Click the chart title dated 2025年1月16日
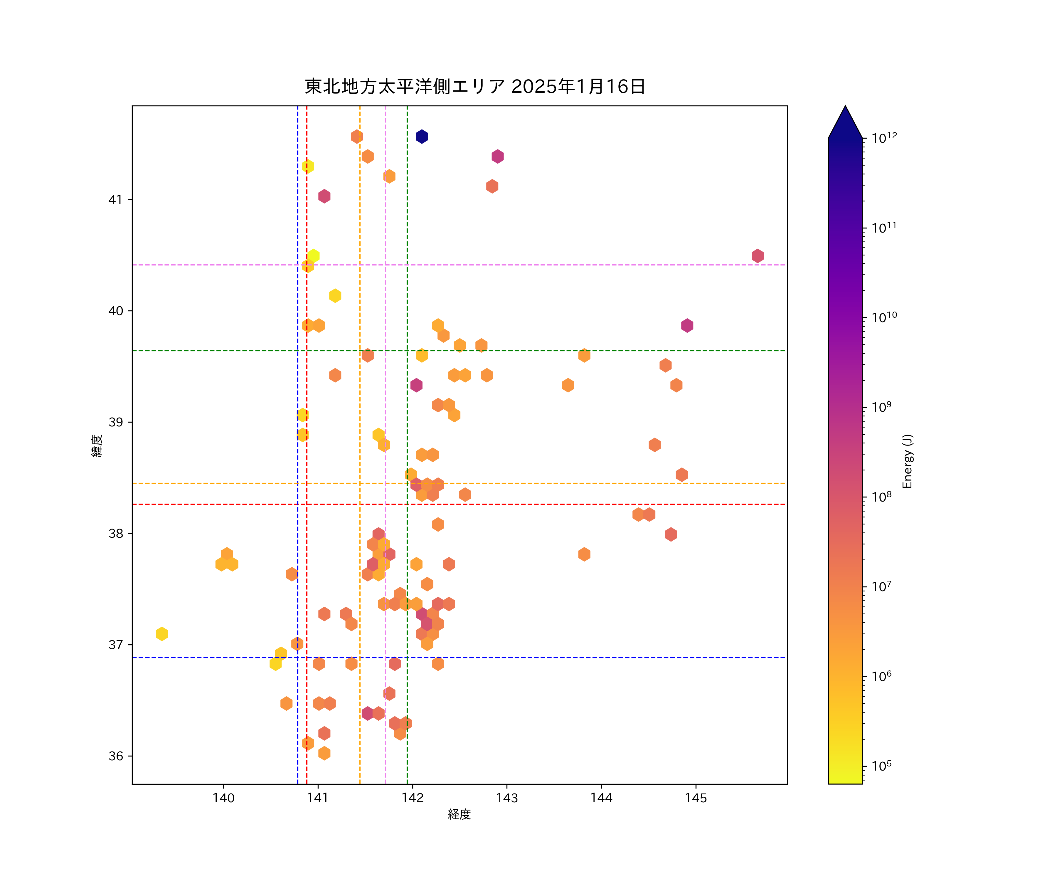475,87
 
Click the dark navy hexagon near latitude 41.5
422,137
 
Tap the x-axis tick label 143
507,798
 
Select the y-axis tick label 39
116,422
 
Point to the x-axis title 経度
459,815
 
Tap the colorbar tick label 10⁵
882,766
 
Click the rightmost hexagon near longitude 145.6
758,256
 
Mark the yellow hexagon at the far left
161,634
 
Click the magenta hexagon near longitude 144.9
687,326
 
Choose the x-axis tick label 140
223,798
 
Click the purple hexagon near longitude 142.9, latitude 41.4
497,157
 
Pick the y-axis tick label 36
116,756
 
